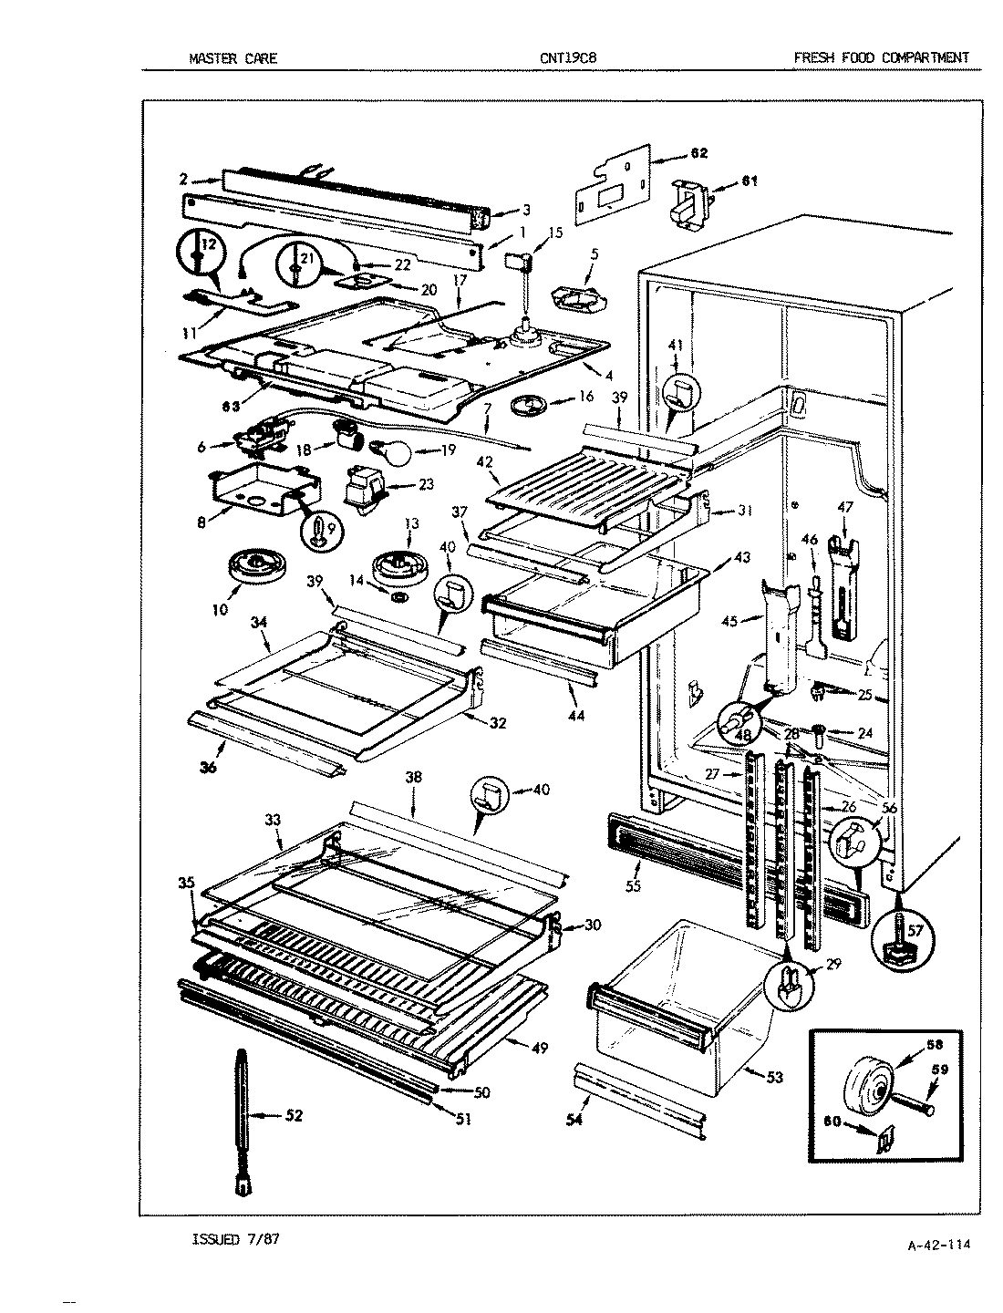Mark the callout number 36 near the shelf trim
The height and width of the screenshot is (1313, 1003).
[x=209, y=767]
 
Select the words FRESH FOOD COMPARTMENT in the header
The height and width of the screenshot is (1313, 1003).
[x=880, y=58]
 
